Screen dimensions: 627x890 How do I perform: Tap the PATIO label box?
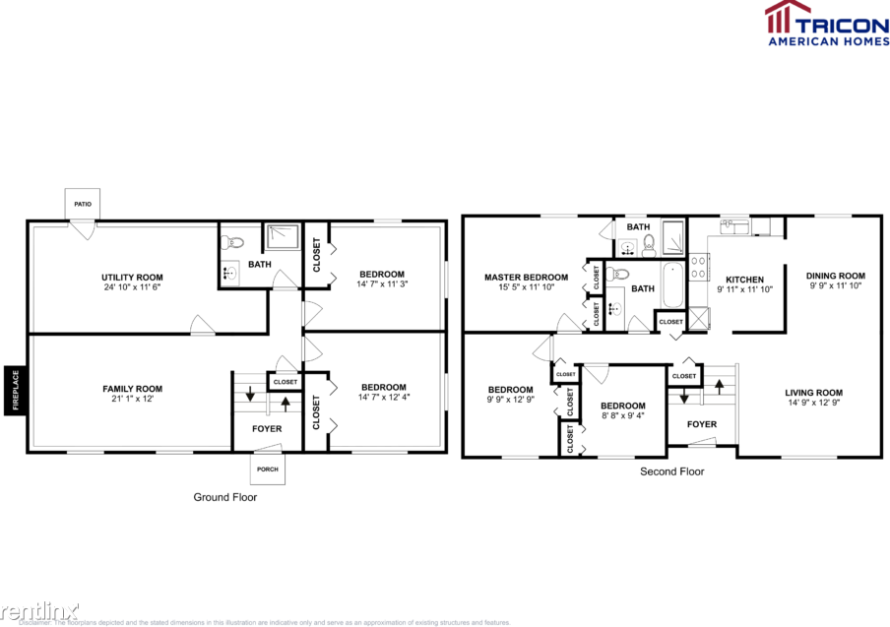pos(82,204)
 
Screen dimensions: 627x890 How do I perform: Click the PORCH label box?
pos(268,470)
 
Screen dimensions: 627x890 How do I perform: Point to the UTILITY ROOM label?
pos(132,277)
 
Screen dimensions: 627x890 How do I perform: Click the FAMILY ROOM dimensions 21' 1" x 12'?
pos(132,400)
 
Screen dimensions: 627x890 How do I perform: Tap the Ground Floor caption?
pos(224,497)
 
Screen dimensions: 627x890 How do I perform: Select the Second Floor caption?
pos(672,471)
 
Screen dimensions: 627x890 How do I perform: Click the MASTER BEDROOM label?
pos(526,278)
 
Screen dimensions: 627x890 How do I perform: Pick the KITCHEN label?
pos(744,280)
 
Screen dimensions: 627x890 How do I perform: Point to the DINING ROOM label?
pos(835,276)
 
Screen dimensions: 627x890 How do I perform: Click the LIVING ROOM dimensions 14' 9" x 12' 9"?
pos(814,404)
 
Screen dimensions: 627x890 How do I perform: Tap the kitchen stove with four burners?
pos(698,266)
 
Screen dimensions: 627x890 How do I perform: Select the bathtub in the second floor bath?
pos(672,284)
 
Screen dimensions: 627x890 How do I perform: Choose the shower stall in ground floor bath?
pos(285,237)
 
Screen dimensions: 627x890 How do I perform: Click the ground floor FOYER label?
pos(267,429)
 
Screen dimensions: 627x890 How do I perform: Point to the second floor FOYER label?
pos(701,424)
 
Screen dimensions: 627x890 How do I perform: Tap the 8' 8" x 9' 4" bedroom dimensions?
pos(623,416)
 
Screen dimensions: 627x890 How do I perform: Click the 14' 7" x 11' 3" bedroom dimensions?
pos(381,284)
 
